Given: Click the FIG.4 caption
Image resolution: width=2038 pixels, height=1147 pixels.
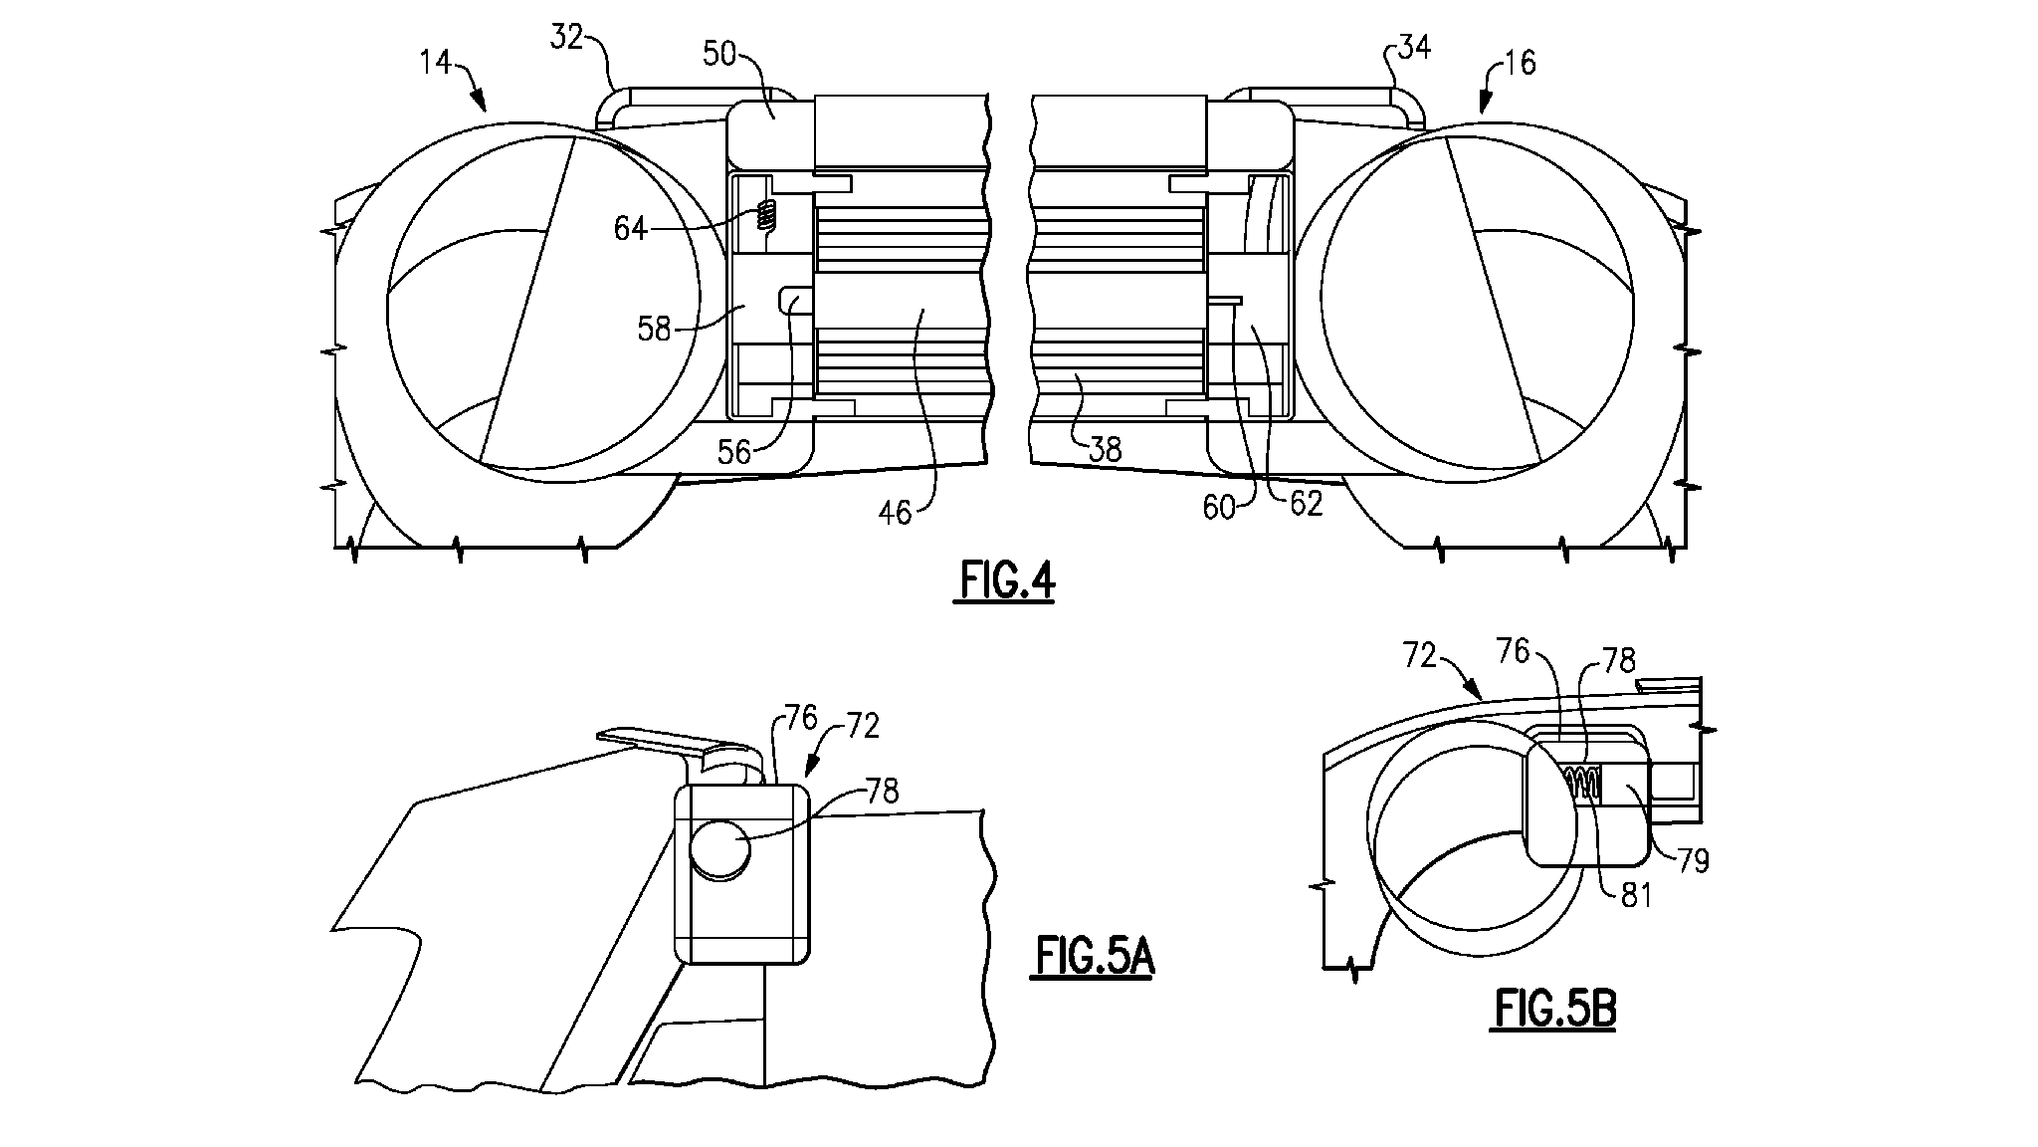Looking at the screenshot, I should click(1007, 581).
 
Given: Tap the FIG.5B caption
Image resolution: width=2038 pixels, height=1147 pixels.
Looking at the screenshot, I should click(1555, 1010).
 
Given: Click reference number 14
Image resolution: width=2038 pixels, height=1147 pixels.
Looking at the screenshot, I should click(435, 63).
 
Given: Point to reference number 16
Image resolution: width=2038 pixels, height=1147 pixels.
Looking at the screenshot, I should click(1519, 63).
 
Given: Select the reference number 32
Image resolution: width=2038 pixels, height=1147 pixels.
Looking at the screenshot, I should click(567, 39).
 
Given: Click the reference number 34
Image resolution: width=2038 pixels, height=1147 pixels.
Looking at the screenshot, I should click(1413, 46).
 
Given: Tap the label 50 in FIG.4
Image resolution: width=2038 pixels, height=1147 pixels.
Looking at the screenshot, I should click(719, 54).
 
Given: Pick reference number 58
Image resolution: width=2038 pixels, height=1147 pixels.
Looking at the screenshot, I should click(654, 329).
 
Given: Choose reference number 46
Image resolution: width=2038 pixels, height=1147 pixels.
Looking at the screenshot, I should click(895, 512).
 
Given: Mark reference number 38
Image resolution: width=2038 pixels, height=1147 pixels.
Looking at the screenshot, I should click(1105, 450).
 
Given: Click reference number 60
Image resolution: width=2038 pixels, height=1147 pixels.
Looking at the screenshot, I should click(1218, 508).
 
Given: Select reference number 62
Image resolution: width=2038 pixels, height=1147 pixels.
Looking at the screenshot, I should click(1306, 504).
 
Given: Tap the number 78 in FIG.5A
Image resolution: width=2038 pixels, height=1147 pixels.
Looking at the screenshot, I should click(883, 792).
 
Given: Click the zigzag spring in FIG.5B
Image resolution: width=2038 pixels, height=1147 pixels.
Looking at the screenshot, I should click(1582, 783).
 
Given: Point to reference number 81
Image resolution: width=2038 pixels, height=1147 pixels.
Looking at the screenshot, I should click(1636, 895).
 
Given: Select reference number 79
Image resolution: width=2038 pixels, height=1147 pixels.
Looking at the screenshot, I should click(1693, 860).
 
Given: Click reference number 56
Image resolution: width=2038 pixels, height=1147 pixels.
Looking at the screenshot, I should click(734, 452).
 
